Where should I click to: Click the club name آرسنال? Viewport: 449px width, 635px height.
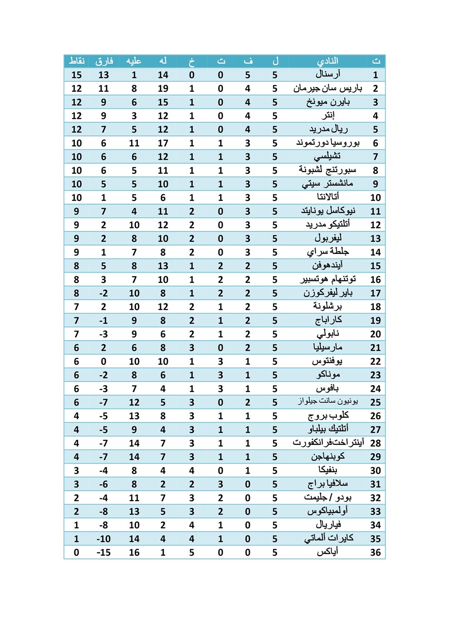coord(327,74)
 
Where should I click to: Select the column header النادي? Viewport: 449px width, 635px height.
coord(327,61)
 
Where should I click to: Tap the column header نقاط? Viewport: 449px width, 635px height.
coord(77,61)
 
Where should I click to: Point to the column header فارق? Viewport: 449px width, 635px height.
coord(104,61)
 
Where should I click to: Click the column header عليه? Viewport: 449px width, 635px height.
coord(134,61)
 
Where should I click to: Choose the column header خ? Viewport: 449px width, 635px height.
coord(192,61)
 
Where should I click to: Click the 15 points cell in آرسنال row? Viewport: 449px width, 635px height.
coord(77,75)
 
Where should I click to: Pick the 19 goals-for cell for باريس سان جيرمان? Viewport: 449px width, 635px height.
coord(163,88)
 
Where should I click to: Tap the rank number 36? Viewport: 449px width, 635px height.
coord(376,552)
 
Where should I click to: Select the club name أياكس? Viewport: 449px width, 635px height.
coord(327,552)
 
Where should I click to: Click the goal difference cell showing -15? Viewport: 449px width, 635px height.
coord(104,552)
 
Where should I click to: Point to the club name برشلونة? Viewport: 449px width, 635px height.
coord(327,307)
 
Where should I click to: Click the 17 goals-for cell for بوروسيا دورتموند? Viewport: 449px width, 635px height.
coord(163,143)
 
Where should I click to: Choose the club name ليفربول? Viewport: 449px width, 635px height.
coord(328,238)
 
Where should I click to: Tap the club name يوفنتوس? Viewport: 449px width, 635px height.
coord(327,361)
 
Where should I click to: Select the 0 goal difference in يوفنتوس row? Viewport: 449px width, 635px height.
coord(104,361)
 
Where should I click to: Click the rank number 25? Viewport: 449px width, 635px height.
coord(376,402)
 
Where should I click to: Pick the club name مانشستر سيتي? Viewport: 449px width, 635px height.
coord(327,184)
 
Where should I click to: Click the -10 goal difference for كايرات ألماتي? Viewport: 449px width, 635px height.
coord(104,539)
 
